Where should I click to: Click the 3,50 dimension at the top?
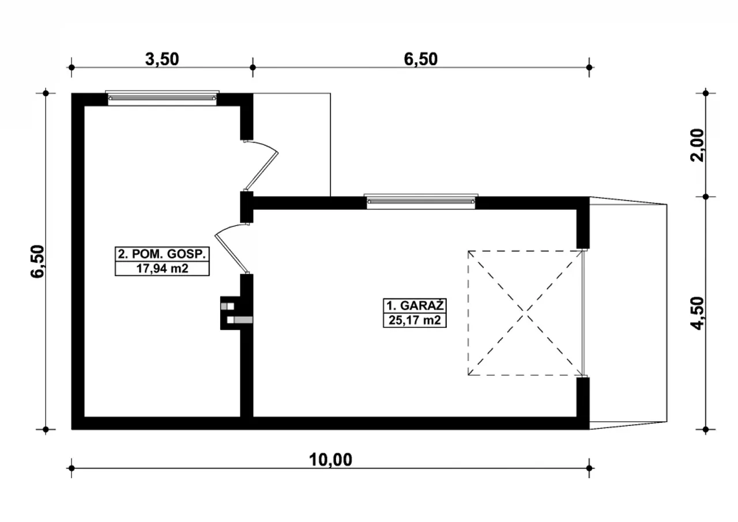click(x=162, y=59)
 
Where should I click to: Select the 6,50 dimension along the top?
click(x=421, y=59)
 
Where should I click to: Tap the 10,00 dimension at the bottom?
click(x=330, y=460)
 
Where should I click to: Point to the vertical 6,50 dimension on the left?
click(x=37, y=262)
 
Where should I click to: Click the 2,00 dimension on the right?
click(x=697, y=145)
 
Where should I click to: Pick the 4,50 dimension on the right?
click(x=697, y=313)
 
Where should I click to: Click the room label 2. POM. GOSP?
click(x=162, y=254)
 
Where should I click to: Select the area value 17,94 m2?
click(x=162, y=268)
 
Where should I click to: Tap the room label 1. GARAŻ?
click(x=415, y=306)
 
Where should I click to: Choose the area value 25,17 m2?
click(x=415, y=320)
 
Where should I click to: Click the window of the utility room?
click(x=162, y=98)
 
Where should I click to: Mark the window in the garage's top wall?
click(x=421, y=201)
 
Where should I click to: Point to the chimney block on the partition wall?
click(x=236, y=313)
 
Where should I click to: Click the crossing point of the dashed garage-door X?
click(x=525, y=313)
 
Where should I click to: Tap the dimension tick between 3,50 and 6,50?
click(x=253, y=67)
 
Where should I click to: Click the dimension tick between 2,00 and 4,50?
click(x=705, y=197)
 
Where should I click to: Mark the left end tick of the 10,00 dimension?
click(x=71, y=468)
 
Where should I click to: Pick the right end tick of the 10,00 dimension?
click(x=589, y=468)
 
